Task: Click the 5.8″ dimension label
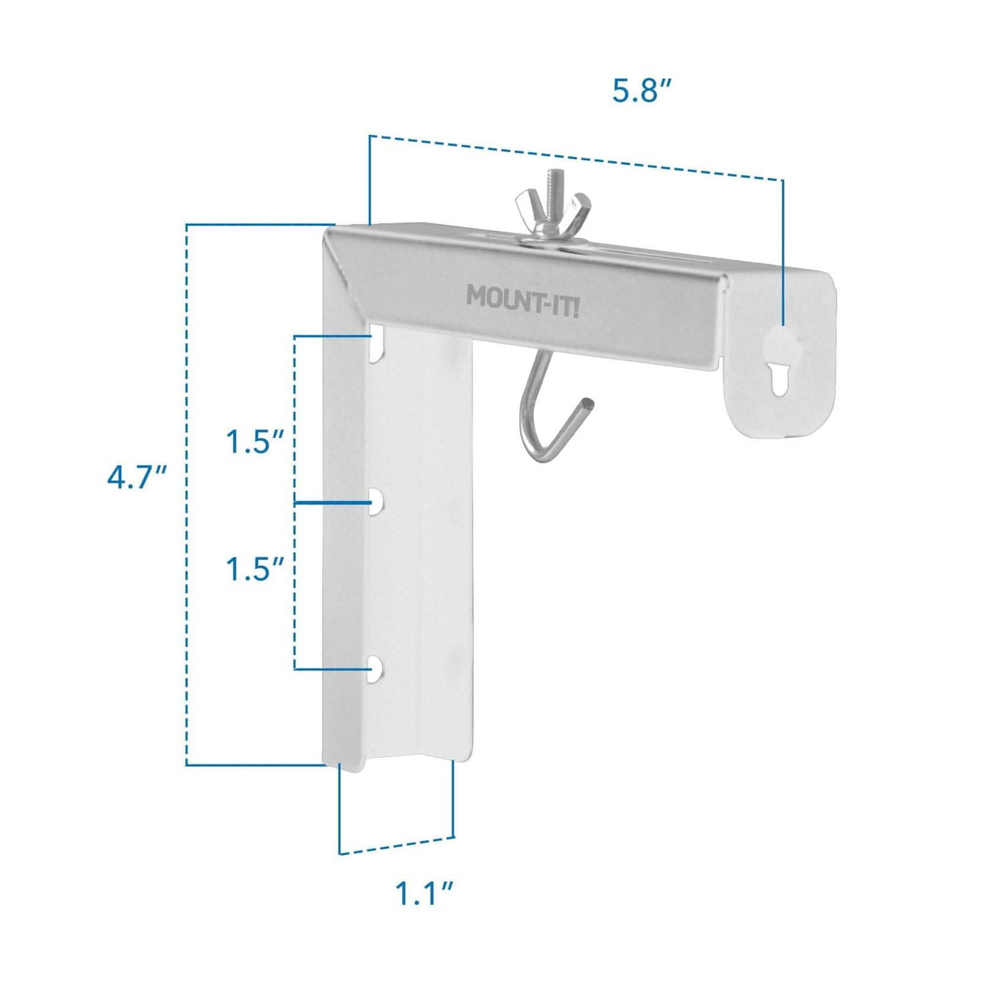point(641,91)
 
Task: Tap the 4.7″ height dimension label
point(137,477)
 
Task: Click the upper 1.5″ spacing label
point(254,442)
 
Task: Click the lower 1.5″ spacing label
point(254,569)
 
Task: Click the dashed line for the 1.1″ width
point(396,845)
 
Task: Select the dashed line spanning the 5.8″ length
point(574,156)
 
